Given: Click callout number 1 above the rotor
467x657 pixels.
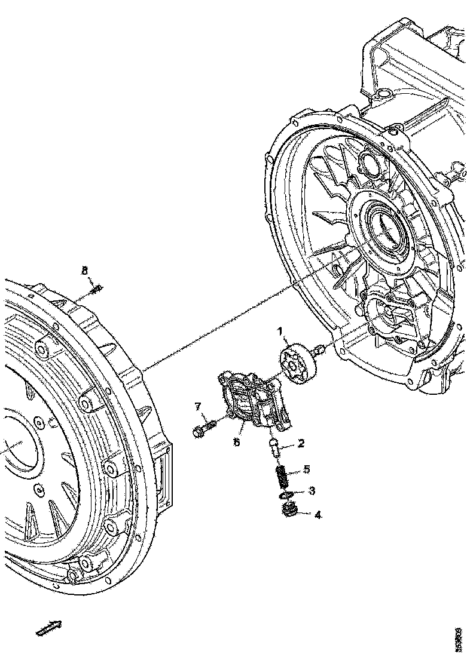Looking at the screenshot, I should click(x=279, y=331).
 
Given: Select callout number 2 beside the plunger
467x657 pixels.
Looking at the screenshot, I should click(x=301, y=443).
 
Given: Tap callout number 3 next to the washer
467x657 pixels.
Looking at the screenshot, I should click(x=312, y=491).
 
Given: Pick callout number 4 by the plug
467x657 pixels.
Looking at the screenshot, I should click(x=318, y=514).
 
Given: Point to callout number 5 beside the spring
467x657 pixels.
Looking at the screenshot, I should click(x=306, y=469).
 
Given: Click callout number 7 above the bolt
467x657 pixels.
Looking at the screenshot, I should click(x=198, y=408).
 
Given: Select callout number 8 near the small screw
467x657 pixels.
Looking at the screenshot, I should click(x=85, y=271).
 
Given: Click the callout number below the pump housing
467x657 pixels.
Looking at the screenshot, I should click(x=237, y=443).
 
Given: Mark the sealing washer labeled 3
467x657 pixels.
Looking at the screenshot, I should click(x=285, y=495).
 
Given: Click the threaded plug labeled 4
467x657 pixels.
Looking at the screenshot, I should click(x=289, y=511).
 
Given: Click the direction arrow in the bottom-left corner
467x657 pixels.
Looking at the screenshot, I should click(x=48, y=628).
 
